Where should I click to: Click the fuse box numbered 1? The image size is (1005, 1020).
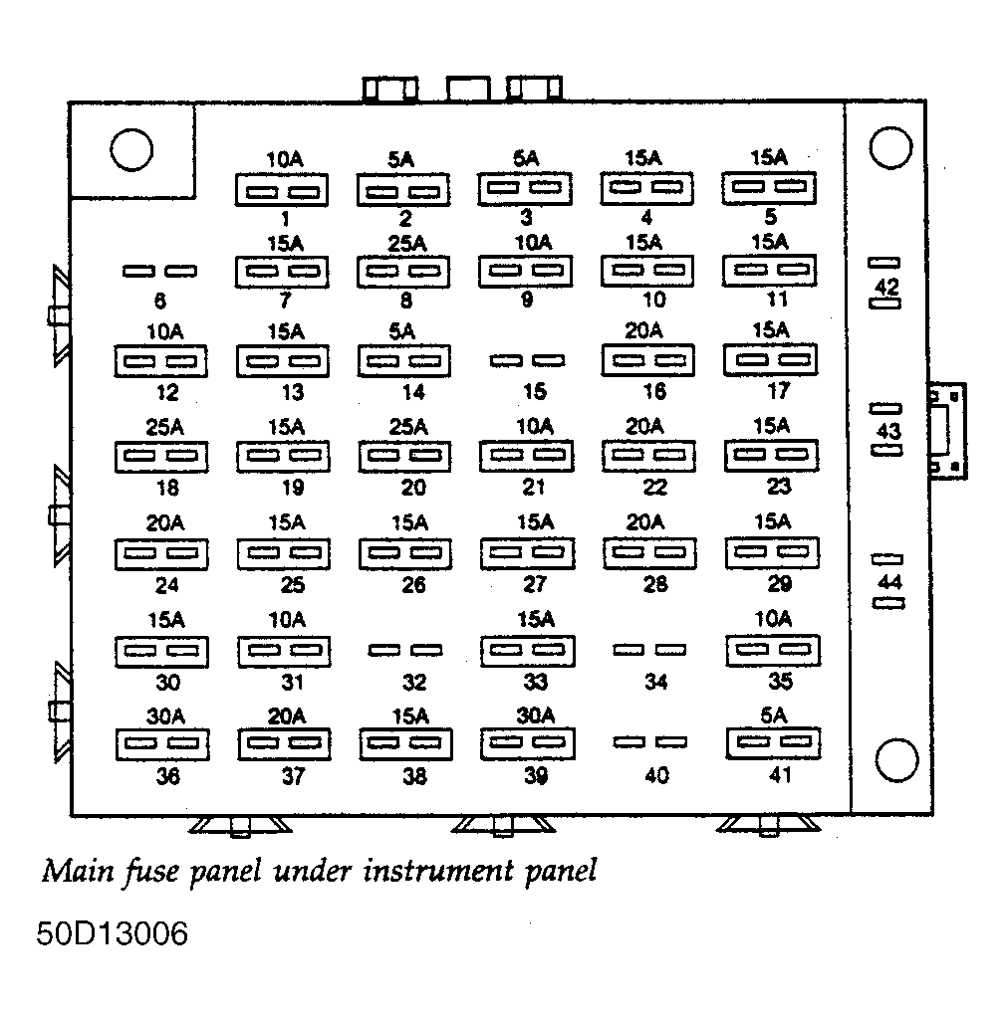pos(282,190)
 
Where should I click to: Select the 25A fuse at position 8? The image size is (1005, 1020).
pos(403,272)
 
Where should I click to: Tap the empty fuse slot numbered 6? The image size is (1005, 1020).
pos(160,271)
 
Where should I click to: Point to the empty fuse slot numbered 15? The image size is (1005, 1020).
pos(527,360)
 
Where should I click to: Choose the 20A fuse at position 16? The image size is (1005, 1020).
pos(648,360)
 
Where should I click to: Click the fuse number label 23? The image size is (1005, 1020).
pos(779,486)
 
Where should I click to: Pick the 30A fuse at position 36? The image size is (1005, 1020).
pos(162,744)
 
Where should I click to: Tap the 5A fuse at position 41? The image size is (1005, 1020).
pos(773,743)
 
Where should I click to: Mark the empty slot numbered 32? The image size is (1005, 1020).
pos(405,650)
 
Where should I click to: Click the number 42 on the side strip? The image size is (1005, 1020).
pos(886,287)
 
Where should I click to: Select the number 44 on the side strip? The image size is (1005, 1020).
pos(889,581)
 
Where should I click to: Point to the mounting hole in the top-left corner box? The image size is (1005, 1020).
pos(131,149)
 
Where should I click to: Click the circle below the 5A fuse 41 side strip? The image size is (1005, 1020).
pos(897,760)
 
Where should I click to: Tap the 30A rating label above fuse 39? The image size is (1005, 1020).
pos(536,715)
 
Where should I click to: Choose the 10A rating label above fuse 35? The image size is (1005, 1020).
pos(773,619)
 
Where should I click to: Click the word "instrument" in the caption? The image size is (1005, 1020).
pos(438,871)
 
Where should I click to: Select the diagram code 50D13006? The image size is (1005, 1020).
pos(112,933)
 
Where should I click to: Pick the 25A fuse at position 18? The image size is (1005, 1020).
pos(161,457)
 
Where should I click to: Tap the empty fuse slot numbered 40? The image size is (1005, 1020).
pos(649,742)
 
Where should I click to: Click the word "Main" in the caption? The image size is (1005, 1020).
pos(78,871)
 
